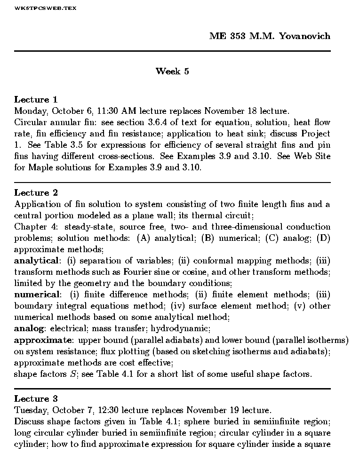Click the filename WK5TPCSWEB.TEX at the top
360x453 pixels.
tap(45, 8)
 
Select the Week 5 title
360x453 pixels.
tap(172, 72)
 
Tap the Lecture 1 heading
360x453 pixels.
tap(36, 99)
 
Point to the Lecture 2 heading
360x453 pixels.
tap(36, 192)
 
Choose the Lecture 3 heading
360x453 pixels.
tap(36, 399)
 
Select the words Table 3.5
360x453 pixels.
tap(55, 145)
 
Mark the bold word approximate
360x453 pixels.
tap(42, 340)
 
